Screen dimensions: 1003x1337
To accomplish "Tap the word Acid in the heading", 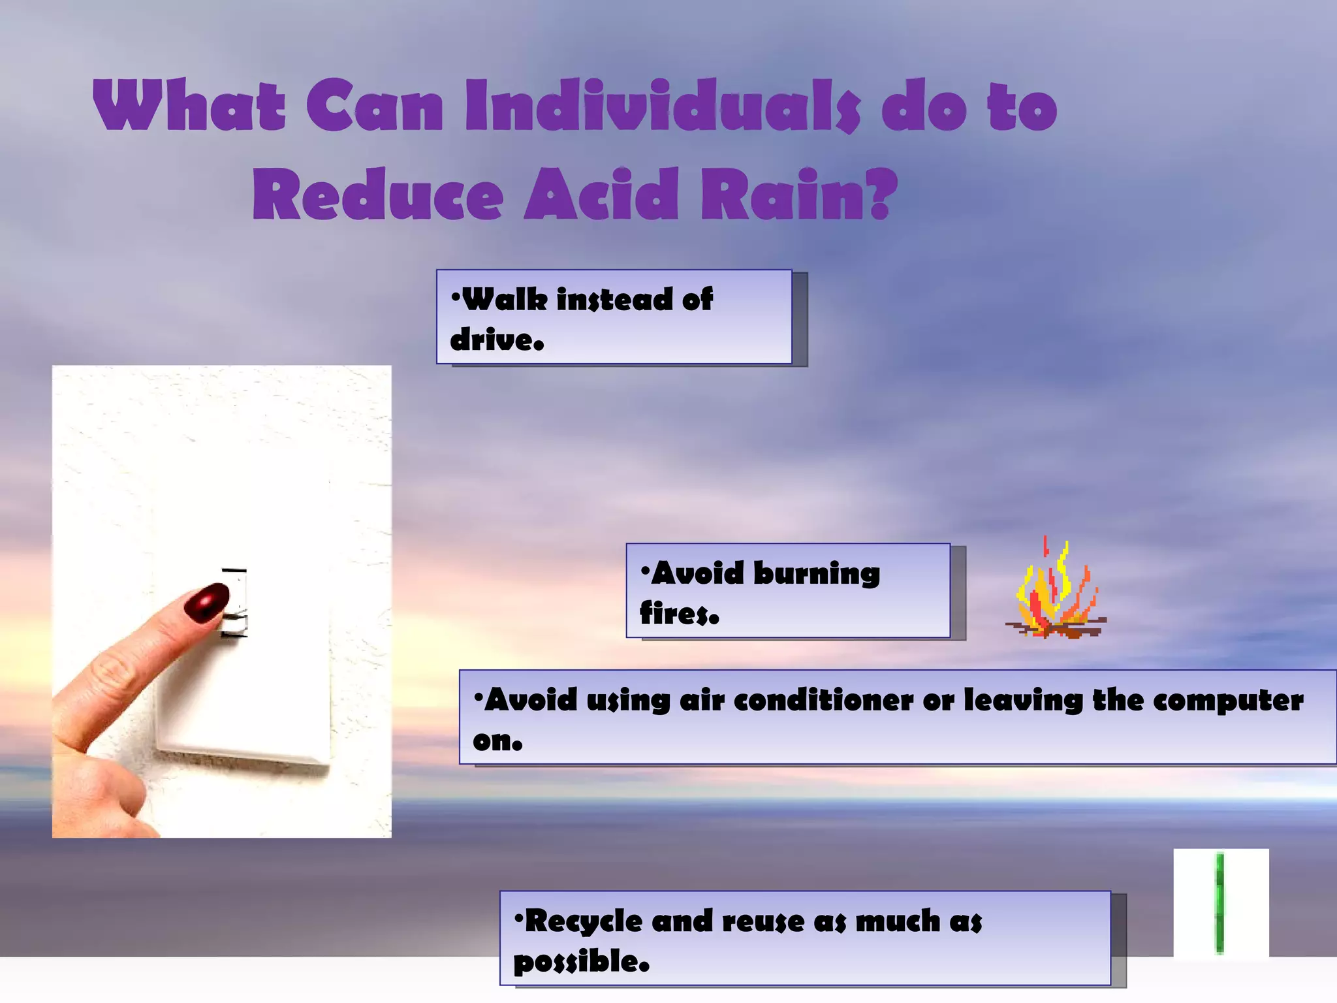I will tap(601, 194).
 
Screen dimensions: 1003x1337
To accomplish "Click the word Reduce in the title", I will tap(378, 194).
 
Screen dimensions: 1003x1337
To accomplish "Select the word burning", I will tap(817, 575).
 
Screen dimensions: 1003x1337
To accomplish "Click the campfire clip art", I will tap(1055, 591).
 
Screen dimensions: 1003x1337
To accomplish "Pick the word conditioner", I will tap(823, 701).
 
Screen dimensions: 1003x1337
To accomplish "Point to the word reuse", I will tap(763, 921).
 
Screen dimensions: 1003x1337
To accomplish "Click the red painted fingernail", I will tap(206, 601).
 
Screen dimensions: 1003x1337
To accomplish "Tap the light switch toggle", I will tap(234, 604).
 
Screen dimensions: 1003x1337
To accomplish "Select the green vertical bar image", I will tap(1219, 903).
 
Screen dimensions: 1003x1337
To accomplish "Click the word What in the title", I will tap(189, 105).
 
